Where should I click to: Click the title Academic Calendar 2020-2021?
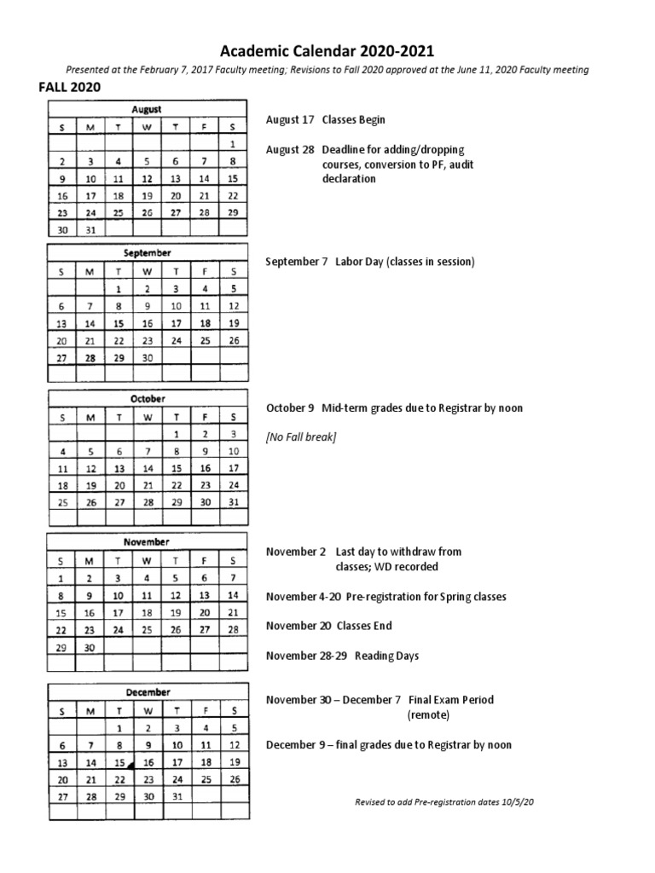click(327, 51)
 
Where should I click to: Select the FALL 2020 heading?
click(69, 87)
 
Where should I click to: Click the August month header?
click(147, 110)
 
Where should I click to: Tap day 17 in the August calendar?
click(90, 195)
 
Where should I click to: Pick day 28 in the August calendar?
click(204, 212)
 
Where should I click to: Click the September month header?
click(147, 253)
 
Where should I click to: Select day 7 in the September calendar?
click(90, 306)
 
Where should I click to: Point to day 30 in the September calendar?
click(147, 358)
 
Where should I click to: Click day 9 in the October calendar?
click(204, 452)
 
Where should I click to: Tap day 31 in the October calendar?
click(232, 503)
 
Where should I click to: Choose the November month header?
click(147, 542)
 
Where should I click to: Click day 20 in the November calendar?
click(204, 612)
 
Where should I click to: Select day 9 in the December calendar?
click(147, 745)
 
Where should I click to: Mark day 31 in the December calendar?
click(176, 796)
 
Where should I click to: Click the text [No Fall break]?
click(301, 437)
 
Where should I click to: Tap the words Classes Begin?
click(347, 120)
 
